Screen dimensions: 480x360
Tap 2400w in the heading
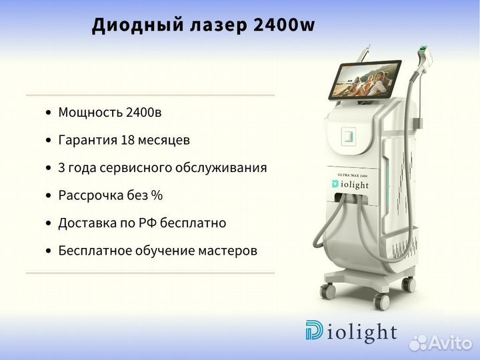click(285, 25)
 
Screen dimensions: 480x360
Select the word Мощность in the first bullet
click(90, 113)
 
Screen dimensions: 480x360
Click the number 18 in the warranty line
click(128, 140)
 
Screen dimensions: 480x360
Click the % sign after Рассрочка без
click(157, 195)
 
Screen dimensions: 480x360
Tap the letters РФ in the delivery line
click(147, 223)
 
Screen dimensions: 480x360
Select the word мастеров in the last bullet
click(227, 251)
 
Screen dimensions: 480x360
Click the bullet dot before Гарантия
click(48, 141)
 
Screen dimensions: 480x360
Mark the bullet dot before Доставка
click(48, 223)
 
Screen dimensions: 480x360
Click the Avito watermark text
click(450, 343)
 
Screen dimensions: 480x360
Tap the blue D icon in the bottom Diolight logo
click(314, 330)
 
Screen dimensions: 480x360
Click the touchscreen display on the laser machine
click(365, 79)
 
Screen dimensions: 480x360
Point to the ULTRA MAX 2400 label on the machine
click(353, 175)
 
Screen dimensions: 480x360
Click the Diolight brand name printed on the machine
click(350, 184)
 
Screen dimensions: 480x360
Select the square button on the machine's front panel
click(349, 135)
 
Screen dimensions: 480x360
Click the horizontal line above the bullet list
click(150, 95)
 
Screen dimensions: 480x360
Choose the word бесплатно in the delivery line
click(193, 223)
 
